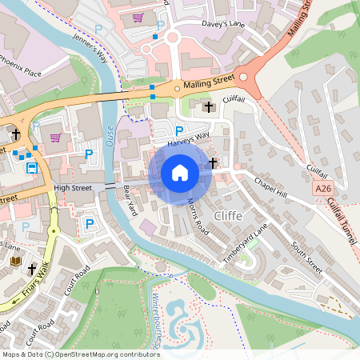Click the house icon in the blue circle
click(180, 173)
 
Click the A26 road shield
click(322, 188)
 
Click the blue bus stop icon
click(32, 168)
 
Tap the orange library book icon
click(14, 262)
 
